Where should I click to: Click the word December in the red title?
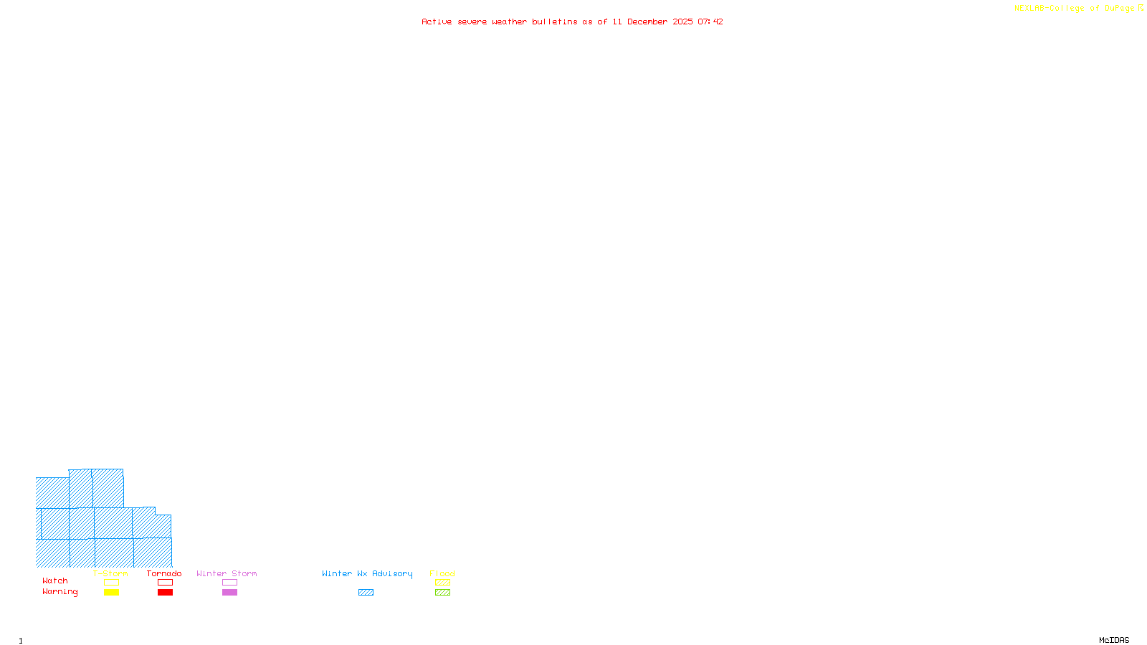click(x=647, y=22)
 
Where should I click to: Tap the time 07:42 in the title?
click(x=710, y=22)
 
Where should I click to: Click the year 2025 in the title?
click(x=682, y=22)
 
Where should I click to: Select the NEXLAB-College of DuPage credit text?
click(x=1075, y=9)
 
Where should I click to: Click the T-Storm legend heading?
click(x=110, y=573)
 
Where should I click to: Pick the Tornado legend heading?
click(x=164, y=573)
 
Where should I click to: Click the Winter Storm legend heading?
click(x=227, y=573)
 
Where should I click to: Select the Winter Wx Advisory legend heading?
click(x=367, y=573)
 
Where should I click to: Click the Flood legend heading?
click(x=442, y=573)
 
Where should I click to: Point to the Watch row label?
click(x=55, y=581)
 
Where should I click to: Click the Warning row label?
click(x=60, y=592)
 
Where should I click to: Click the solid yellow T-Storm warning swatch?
click(x=111, y=593)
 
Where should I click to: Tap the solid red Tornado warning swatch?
click(x=165, y=593)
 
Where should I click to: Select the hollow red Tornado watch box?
click(x=165, y=583)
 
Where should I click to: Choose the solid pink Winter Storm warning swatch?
click(x=229, y=593)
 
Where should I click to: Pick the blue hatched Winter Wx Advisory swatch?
click(x=366, y=593)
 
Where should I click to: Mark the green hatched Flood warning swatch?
click(x=442, y=593)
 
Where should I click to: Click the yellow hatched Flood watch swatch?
click(x=442, y=583)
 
